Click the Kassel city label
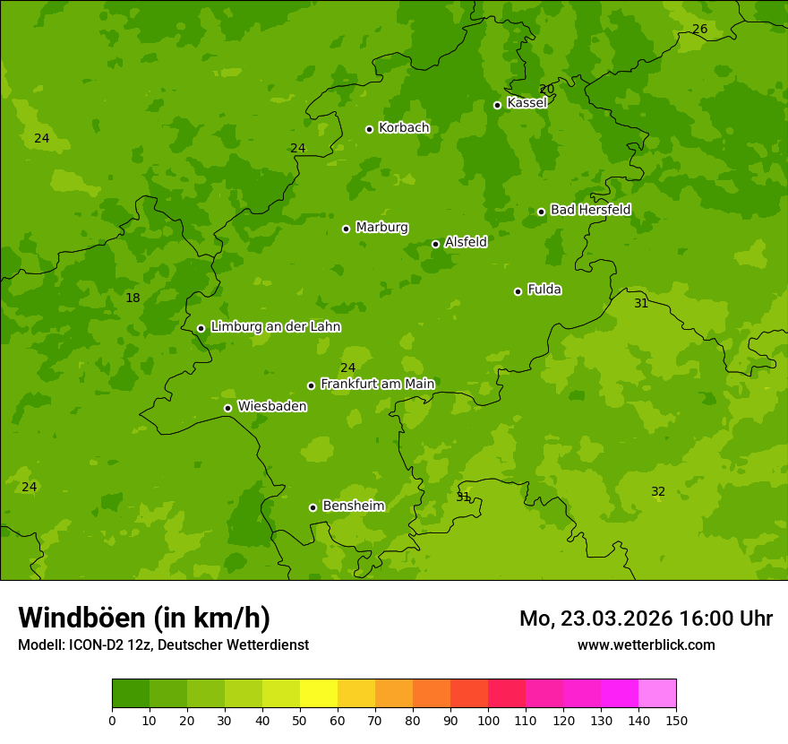click(527, 103)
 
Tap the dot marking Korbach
click(369, 129)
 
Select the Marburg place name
click(381, 228)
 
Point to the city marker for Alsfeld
click(435, 244)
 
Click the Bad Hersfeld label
click(590, 210)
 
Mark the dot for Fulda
click(518, 291)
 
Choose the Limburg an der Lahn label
click(275, 327)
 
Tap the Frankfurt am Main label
click(377, 384)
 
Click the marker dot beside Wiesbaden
click(227, 408)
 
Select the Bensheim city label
click(353, 506)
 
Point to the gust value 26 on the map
click(699, 30)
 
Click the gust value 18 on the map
click(133, 298)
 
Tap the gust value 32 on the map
click(658, 491)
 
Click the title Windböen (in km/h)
click(144, 618)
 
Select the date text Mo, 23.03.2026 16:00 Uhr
click(646, 619)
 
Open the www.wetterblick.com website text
click(646, 645)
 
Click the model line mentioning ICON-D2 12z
click(163, 645)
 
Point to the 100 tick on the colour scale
click(488, 720)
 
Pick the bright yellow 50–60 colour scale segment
click(319, 694)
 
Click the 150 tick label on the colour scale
click(676, 720)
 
